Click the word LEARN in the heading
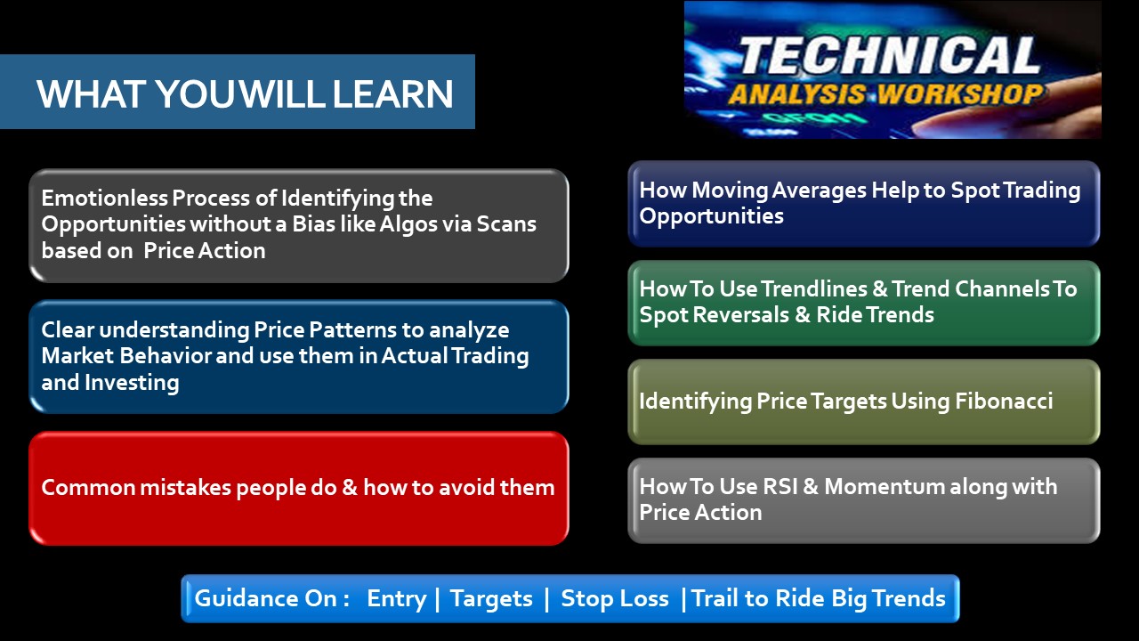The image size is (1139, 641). click(x=392, y=94)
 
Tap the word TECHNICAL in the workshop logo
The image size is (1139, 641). click(x=889, y=55)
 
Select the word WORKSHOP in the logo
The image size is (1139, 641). click(x=959, y=94)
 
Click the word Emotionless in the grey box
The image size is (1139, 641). click(x=104, y=198)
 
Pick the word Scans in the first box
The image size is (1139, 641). click(x=506, y=223)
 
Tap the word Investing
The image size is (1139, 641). click(x=132, y=383)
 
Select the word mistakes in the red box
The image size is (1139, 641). click(x=185, y=487)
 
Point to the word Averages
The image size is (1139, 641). click(x=820, y=191)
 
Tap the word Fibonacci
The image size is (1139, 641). click(x=1004, y=401)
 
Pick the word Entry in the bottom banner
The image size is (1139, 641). click(x=397, y=599)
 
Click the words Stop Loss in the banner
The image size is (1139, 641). click(x=615, y=598)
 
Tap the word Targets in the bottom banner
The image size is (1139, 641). click(x=491, y=599)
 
